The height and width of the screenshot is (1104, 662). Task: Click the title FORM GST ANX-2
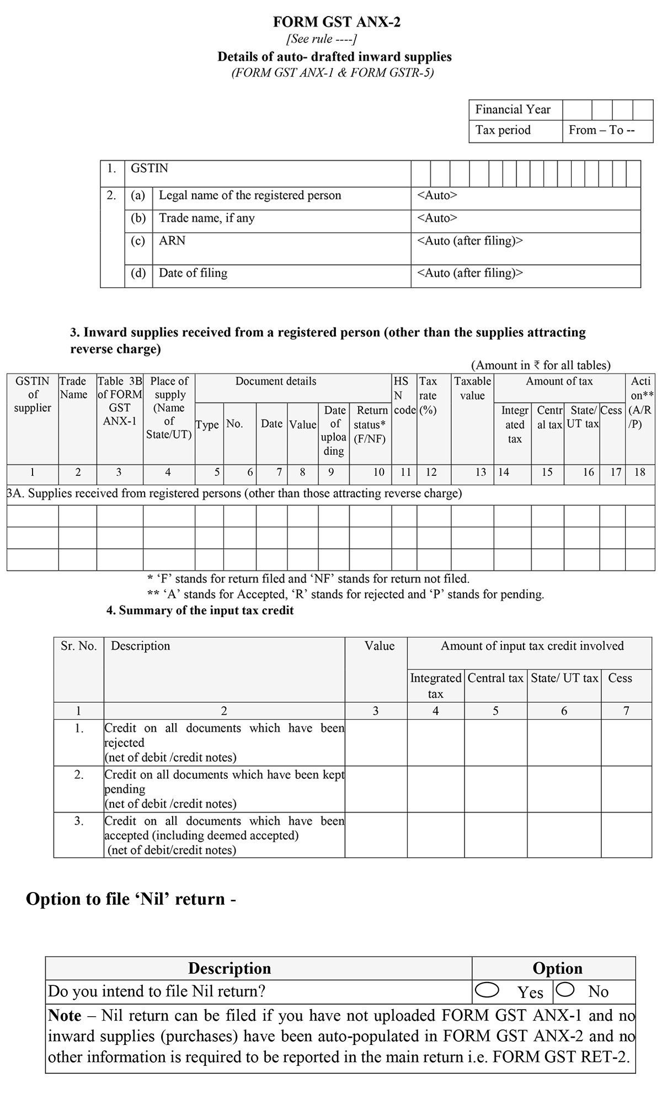click(337, 22)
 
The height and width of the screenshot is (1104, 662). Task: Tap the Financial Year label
click(513, 109)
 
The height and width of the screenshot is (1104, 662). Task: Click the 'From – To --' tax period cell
click(602, 130)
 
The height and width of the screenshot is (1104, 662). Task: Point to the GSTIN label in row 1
click(150, 168)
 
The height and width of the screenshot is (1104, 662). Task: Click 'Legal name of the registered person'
click(250, 195)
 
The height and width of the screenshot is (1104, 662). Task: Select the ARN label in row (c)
click(172, 241)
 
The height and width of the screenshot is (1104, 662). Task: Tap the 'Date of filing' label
click(193, 273)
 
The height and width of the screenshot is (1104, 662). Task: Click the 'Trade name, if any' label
click(207, 218)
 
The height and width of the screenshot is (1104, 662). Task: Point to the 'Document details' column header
click(276, 381)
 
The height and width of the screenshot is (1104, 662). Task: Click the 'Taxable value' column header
click(472, 388)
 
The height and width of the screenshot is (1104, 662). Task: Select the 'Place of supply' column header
click(169, 407)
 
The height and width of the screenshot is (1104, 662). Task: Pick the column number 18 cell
click(639, 472)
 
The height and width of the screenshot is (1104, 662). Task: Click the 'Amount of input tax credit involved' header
click(532, 646)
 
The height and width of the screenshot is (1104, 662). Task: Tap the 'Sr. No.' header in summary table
click(78, 646)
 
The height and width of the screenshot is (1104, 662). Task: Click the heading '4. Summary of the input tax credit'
click(200, 611)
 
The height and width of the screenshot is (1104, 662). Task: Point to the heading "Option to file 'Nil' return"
click(131, 899)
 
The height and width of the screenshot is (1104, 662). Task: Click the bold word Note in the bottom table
click(65, 1016)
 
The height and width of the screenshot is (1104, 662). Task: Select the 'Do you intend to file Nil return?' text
click(157, 991)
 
